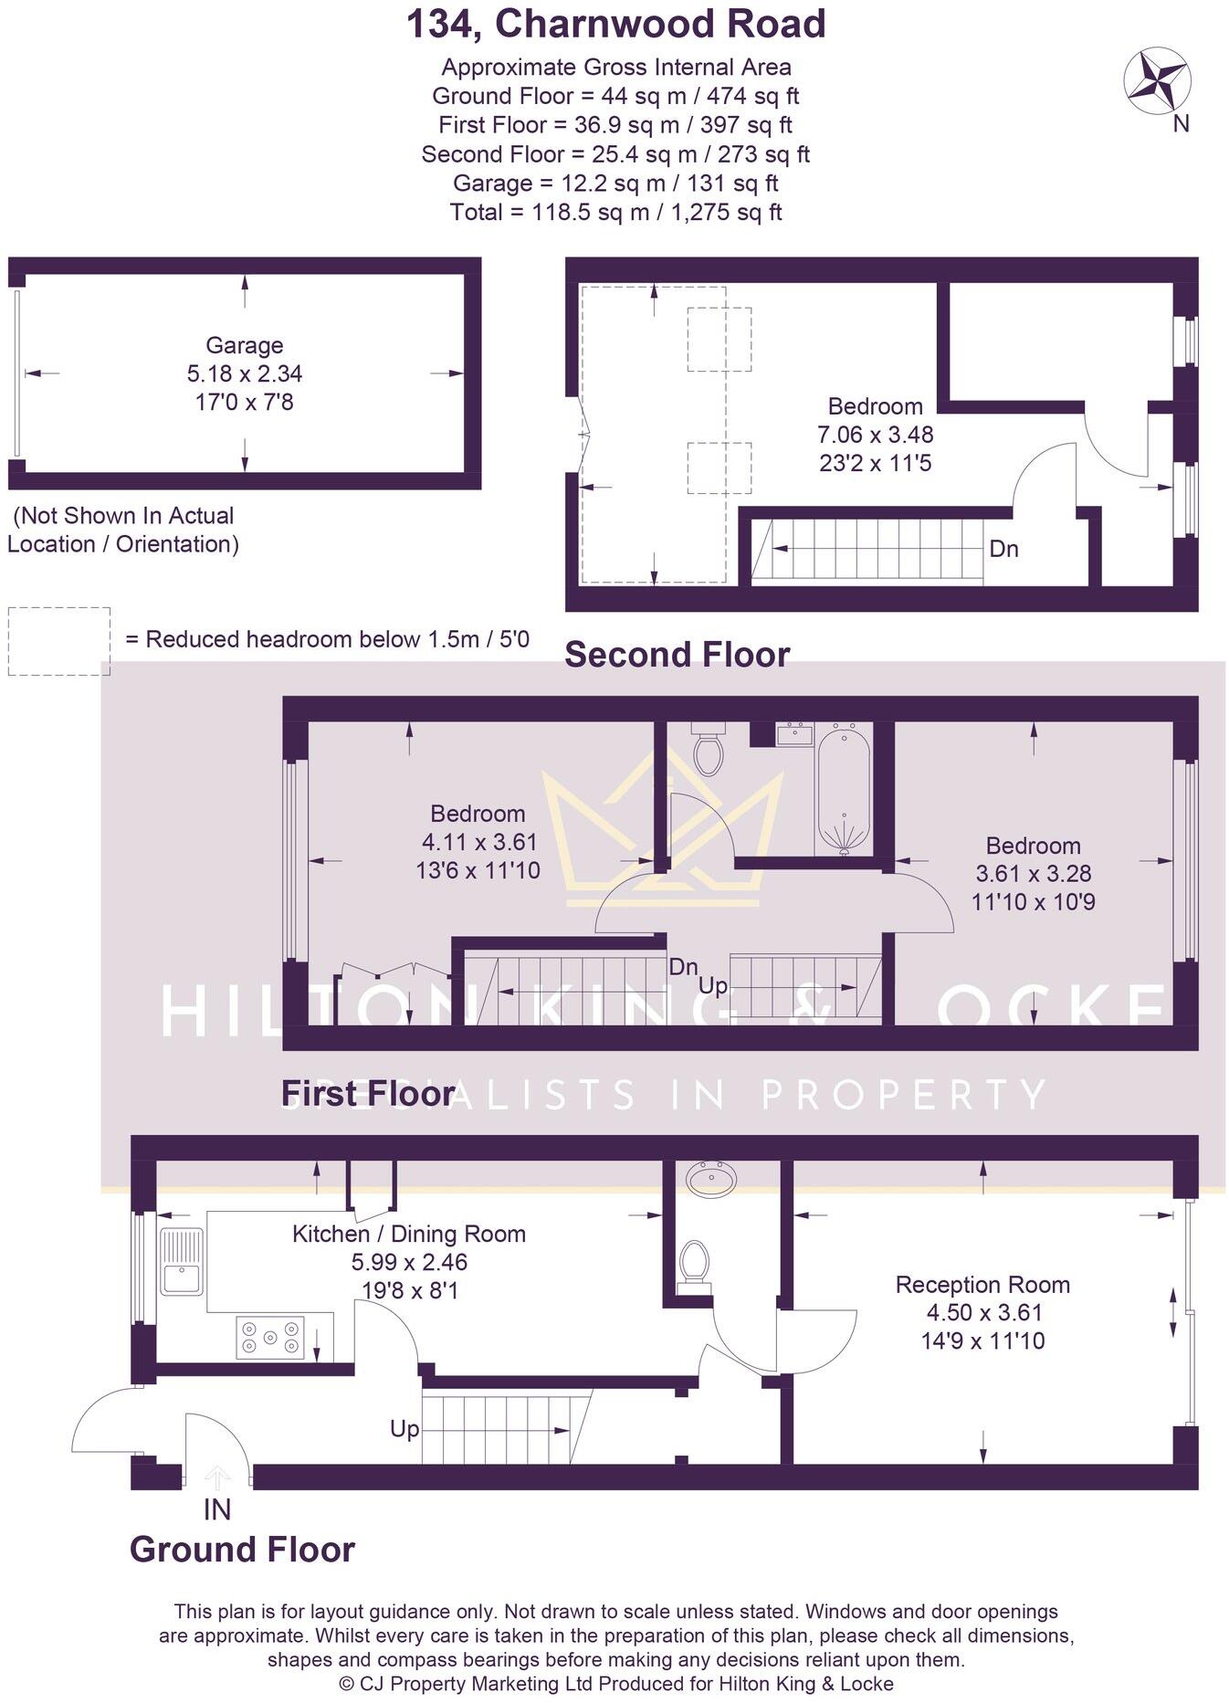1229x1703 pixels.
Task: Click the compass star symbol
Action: click(1156, 80)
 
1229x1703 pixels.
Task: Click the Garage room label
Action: click(244, 345)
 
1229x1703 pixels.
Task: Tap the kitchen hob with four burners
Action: click(269, 1337)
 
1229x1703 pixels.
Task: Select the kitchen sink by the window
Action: click(182, 1262)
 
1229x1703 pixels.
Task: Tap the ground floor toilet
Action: click(695, 1265)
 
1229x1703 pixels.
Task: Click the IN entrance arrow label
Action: click(217, 1510)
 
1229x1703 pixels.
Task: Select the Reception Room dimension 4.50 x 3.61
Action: click(982, 1313)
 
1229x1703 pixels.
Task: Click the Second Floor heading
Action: click(677, 655)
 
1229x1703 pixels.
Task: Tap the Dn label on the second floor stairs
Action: click(1003, 549)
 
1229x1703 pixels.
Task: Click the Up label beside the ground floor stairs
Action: click(404, 1428)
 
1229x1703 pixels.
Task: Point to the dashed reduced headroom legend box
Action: click(59, 641)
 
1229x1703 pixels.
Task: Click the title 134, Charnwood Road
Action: click(615, 25)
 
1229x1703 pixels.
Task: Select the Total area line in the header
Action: click(615, 213)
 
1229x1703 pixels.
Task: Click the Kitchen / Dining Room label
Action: click(409, 1234)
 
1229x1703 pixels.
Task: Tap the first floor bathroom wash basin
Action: click(793, 734)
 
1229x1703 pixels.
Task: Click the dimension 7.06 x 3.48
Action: click(876, 435)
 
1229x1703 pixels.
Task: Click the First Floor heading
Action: click(368, 1093)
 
